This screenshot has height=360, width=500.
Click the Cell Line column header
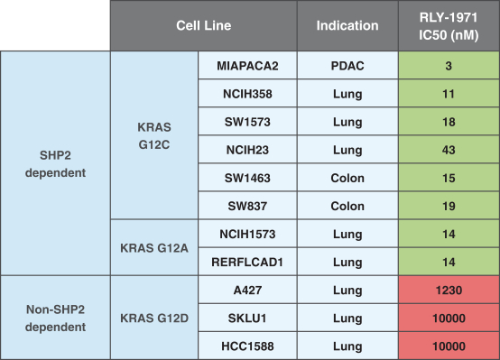(x=204, y=25)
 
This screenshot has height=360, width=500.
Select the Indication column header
(x=347, y=25)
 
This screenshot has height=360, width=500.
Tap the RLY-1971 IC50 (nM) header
(x=449, y=25)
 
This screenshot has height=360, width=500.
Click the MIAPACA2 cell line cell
(x=247, y=66)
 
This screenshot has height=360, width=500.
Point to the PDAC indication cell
(x=347, y=66)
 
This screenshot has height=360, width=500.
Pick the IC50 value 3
(x=449, y=66)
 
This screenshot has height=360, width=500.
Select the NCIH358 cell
(x=247, y=94)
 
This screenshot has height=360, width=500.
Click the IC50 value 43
(x=449, y=150)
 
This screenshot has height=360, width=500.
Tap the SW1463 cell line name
(x=247, y=178)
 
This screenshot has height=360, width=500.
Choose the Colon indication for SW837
(x=347, y=206)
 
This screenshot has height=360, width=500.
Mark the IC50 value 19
(x=449, y=206)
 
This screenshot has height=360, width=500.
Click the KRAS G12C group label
(x=154, y=136)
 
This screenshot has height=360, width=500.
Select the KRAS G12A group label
(x=154, y=248)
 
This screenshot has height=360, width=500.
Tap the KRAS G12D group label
(x=154, y=318)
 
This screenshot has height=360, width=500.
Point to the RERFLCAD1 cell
(x=247, y=263)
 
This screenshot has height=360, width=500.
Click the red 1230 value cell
(x=449, y=291)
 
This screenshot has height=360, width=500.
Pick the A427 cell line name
(x=247, y=291)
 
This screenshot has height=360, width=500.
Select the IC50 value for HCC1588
(x=449, y=346)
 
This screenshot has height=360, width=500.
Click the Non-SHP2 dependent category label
(x=55, y=318)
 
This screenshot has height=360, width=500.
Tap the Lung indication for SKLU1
(x=347, y=318)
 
